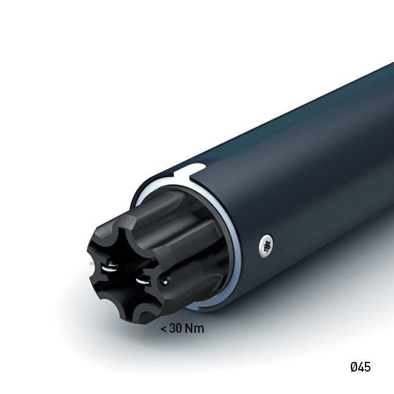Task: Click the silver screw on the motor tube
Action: [x=266, y=245]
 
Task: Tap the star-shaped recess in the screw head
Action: [x=267, y=246]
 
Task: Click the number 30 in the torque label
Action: [x=176, y=328]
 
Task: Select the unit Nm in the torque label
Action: [x=194, y=328]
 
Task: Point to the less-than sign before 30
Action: [x=163, y=329]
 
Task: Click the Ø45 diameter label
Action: [x=360, y=367]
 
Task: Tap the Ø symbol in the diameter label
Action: [x=353, y=367]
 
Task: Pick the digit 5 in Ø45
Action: [x=367, y=367]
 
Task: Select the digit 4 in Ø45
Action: [x=360, y=367]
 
